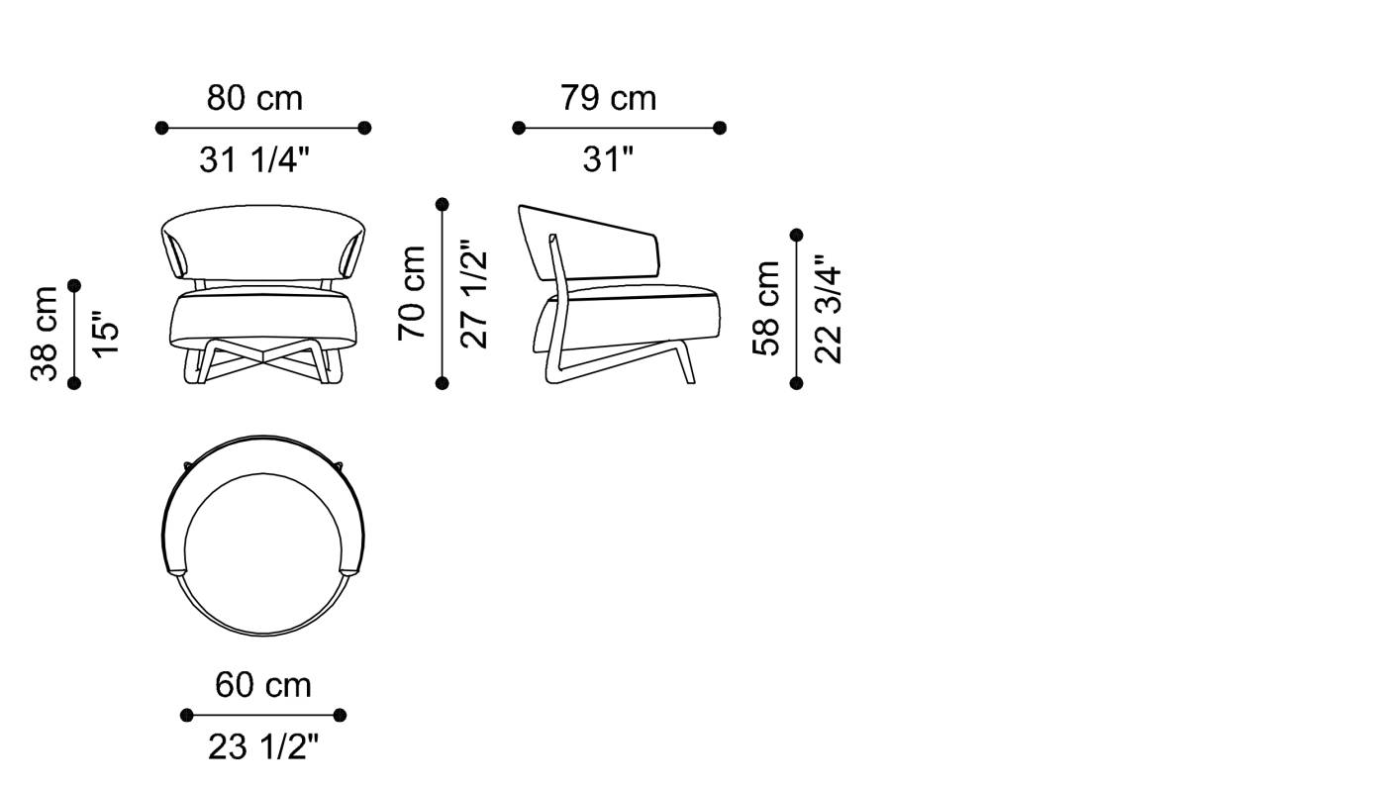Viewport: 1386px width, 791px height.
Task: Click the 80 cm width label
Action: click(x=254, y=99)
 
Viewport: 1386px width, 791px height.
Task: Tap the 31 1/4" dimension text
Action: click(x=254, y=158)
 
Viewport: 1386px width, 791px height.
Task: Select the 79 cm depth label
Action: click(x=608, y=99)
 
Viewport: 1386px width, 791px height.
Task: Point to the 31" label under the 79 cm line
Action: click(x=608, y=158)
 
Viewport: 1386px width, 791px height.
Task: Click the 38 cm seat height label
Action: click(x=45, y=334)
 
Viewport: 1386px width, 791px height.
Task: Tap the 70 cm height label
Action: click(x=411, y=293)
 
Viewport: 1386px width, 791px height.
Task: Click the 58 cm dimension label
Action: click(x=766, y=308)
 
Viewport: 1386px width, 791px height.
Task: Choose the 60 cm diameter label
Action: click(x=263, y=685)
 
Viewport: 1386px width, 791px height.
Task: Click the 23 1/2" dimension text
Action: click(x=263, y=747)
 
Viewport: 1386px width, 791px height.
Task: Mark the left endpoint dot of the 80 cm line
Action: click(x=162, y=128)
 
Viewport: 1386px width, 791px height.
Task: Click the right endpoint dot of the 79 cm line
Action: click(x=720, y=128)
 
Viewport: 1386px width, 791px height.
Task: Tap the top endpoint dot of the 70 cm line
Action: click(x=443, y=205)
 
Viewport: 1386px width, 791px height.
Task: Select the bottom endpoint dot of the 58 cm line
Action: click(x=797, y=383)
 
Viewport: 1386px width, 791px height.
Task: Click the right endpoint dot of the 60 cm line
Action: click(x=341, y=715)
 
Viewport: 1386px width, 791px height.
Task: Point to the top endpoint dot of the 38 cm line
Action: click(x=74, y=286)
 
